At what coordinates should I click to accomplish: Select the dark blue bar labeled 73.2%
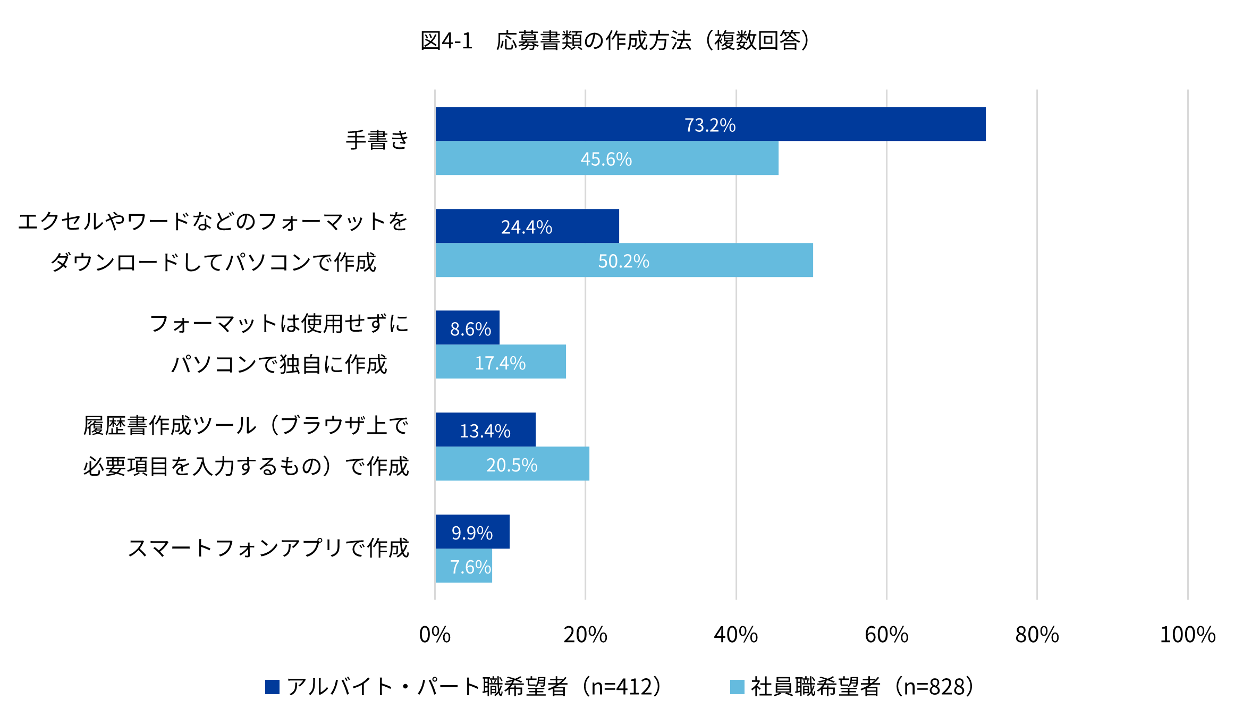[x=710, y=124]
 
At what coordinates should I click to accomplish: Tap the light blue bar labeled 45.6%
[x=606, y=158]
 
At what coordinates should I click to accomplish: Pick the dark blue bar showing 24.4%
[x=527, y=226]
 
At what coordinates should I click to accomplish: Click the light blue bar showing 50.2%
[x=624, y=260]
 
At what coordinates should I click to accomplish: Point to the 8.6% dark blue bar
[x=467, y=328]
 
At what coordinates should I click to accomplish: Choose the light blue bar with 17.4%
[x=500, y=362]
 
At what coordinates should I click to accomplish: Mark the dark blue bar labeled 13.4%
[x=485, y=429]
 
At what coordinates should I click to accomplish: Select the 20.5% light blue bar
[x=512, y=463]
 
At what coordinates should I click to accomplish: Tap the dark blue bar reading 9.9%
[x=472, y=532]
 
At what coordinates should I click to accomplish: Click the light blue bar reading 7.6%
[x=463, y=566]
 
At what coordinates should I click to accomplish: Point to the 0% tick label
[x=435, y=635]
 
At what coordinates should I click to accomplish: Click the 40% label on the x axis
[x=735, y=635]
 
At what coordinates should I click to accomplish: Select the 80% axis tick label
[x=1037, y=635]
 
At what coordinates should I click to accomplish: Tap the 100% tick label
[x=1187, y=635]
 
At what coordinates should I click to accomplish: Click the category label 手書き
[x=377, y=141]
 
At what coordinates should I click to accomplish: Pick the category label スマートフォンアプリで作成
[x=268, y=549]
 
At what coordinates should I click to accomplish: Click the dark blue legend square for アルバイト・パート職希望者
[x=272, y=687]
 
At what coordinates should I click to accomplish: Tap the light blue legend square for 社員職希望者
[x=737, y=687]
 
